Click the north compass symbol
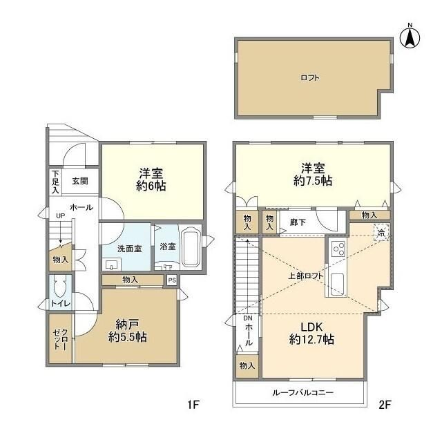click(410, 37)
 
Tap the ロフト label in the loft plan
click(310, 77)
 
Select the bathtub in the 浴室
click(191, 247)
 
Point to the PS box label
click(172, 280)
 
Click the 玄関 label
click(80, 181)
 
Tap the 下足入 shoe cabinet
click(55, 182)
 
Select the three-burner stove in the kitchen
click(338, 249)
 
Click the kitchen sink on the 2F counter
click(337, 284)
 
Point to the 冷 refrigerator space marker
click(381, 233)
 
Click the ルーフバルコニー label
click(303, 392)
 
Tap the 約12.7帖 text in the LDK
click(311, 339)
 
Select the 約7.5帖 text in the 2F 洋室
click(313, 181)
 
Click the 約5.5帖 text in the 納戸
click(127, 337)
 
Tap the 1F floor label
click(193, 405)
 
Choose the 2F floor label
click(385, 405)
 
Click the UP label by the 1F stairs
click(60, 216)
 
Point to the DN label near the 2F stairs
click(248, 318)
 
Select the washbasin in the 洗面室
click(112, 265)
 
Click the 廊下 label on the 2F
click(298, 222)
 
